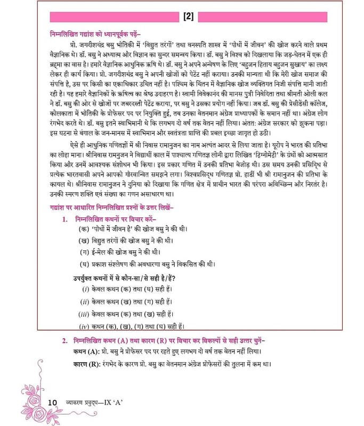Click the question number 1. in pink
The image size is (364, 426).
point(64,219)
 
